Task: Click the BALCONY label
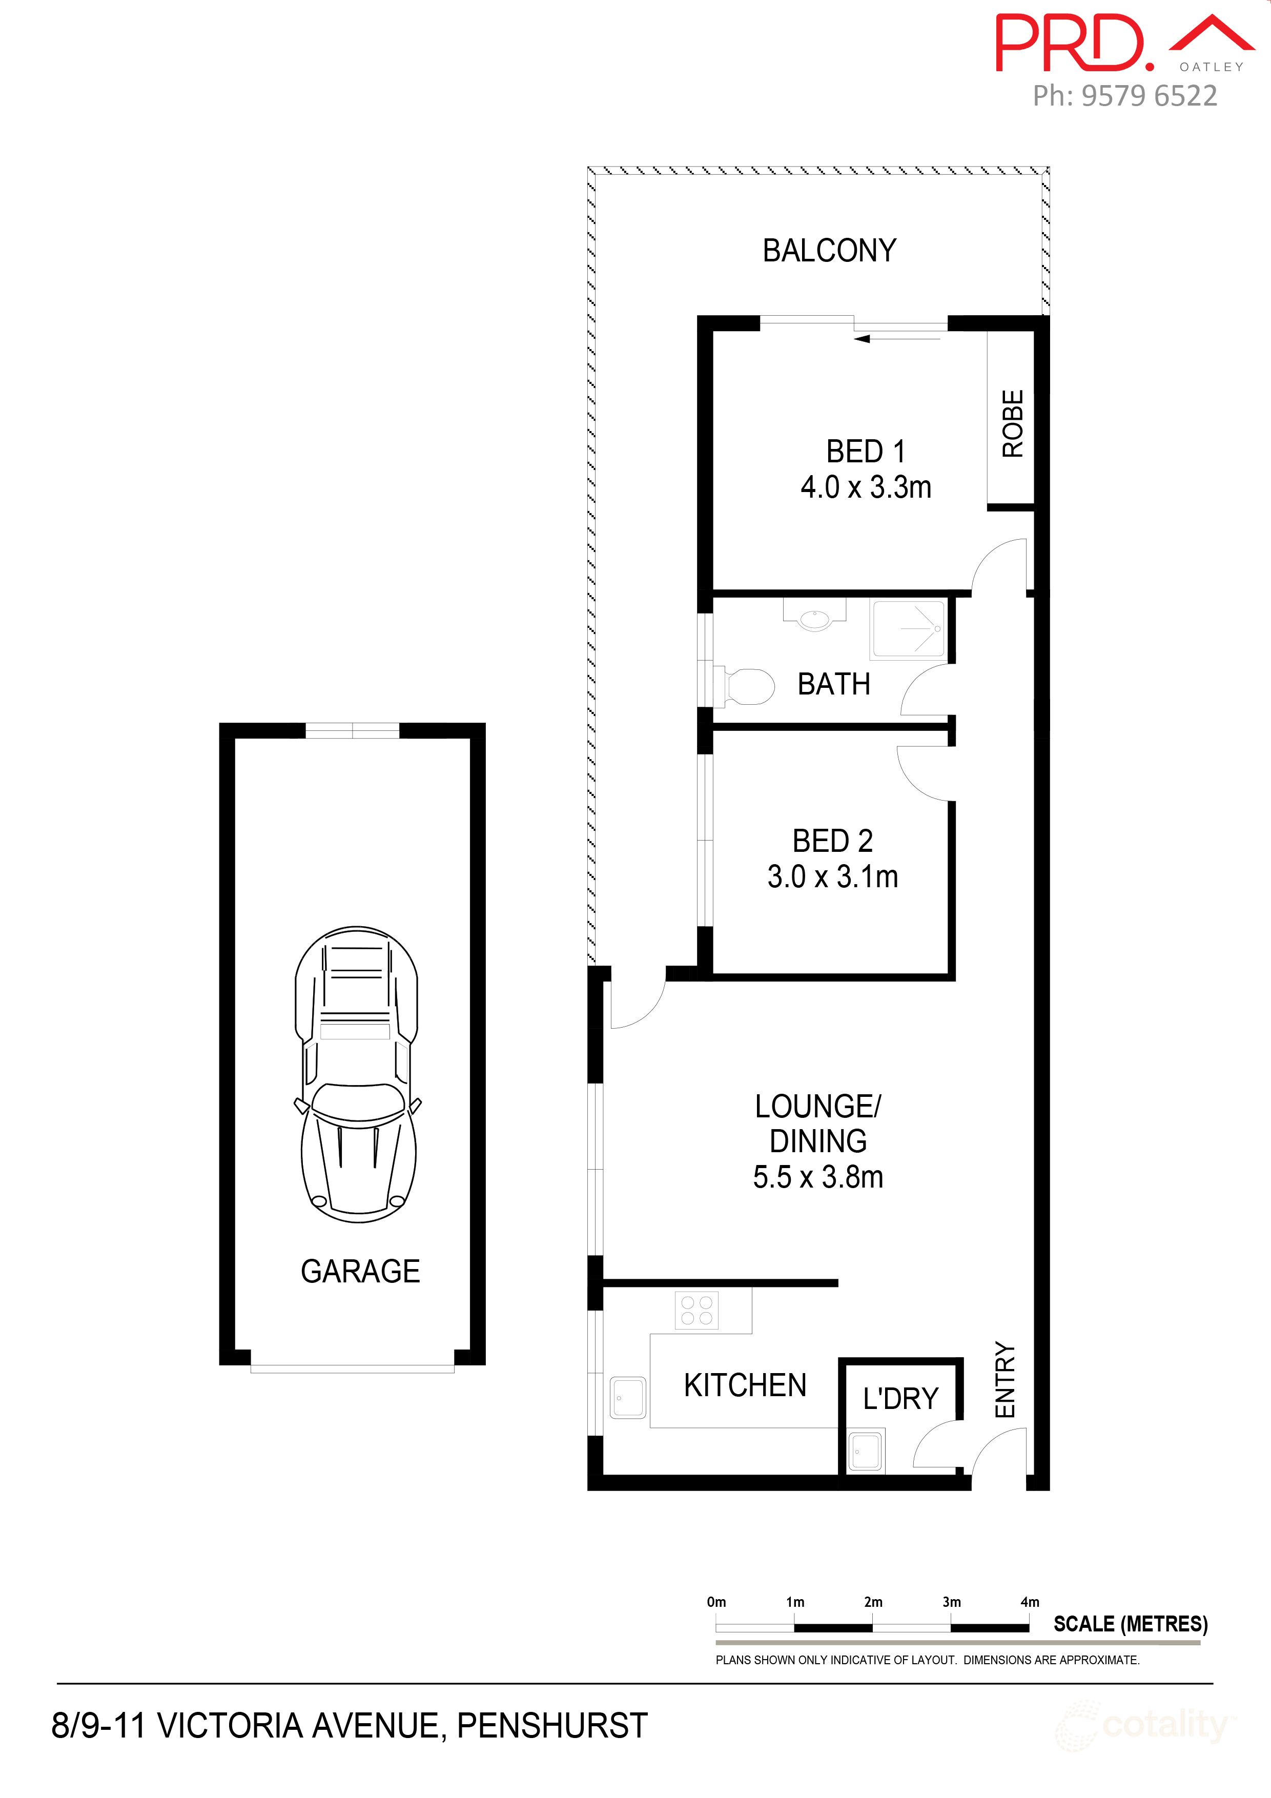click(x=829, y=251)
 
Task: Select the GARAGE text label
click(x=360, y=1271)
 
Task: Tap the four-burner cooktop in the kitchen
click(x=696, y=1310)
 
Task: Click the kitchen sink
click(x=628, y=1398)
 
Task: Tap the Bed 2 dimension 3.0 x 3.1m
click(x=832, y=876)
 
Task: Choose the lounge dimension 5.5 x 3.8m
click(x=818, y=1177)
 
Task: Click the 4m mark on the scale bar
click(x=1030, y=1602)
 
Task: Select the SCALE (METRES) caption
click(x=1130, y=1624)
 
